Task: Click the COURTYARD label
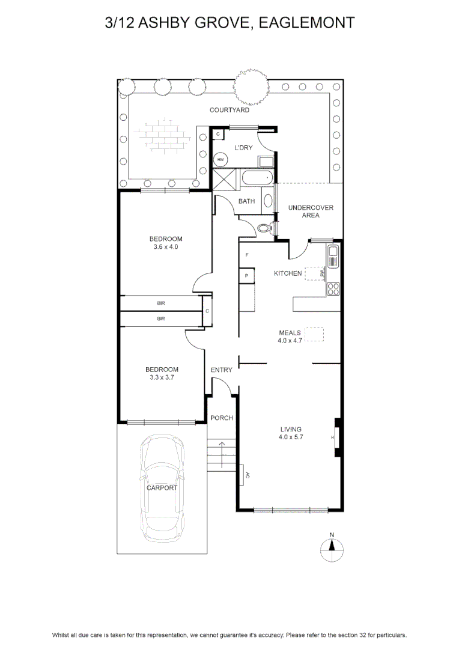229,110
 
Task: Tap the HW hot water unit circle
220,159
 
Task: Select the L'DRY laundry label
243,148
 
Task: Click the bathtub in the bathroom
257,177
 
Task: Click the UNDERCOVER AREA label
311,212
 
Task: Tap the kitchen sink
333,257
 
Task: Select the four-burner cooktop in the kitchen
333,289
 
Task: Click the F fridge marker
247,255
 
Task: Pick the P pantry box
247,276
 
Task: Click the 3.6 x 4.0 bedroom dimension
166,247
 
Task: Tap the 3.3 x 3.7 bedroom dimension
162,377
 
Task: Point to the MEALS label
290,333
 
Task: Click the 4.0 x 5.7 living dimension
291,437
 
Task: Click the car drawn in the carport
162,489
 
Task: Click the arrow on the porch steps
222,454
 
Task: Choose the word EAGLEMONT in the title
306,22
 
